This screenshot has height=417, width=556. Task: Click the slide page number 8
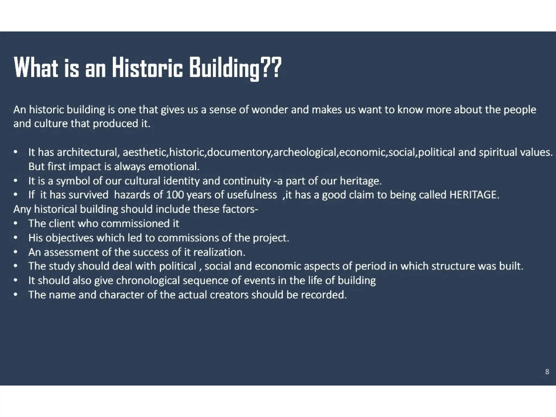click(547, 372)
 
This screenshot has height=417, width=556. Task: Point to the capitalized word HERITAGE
click(474, 195)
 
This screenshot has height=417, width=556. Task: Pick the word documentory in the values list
click(240, 152)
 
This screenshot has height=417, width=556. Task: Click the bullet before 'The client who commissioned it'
click(16, 223)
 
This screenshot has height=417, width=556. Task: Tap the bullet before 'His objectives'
click(16, 238)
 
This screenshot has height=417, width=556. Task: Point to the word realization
click(219, 252)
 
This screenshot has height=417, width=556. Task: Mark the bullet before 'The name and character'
click(16, 295)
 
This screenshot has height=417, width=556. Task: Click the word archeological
click(306, 152)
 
